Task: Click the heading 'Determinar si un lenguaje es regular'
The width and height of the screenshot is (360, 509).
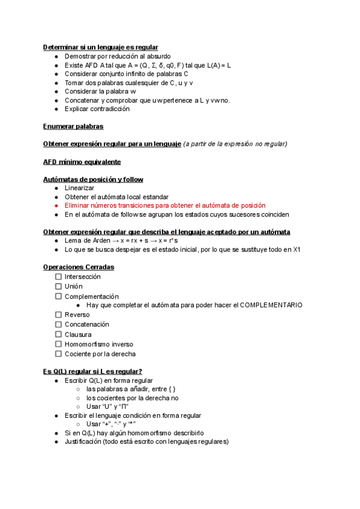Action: (101, 47)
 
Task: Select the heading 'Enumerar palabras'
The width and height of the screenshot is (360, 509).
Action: (73, 126)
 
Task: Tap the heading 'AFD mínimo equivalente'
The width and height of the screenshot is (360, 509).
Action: (82, 161)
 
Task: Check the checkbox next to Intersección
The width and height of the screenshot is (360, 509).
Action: (59, 277)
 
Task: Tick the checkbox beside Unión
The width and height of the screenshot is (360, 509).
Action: (59, 286)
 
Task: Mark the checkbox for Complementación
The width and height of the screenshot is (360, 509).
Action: (59, 296)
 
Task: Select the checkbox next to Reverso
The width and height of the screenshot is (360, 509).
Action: (59, 315)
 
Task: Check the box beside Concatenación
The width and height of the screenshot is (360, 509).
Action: (59, 324)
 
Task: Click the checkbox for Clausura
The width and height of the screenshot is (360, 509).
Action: (59, 334)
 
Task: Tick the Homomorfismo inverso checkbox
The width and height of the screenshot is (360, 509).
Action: (59, 344)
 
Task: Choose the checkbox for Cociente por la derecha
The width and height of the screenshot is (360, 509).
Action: (59, 354)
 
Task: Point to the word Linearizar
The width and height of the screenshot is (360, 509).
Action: (80, 188)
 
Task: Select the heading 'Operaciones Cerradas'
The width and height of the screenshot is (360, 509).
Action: (79, 267)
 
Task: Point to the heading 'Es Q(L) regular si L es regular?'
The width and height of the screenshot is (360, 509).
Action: (92, 371)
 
